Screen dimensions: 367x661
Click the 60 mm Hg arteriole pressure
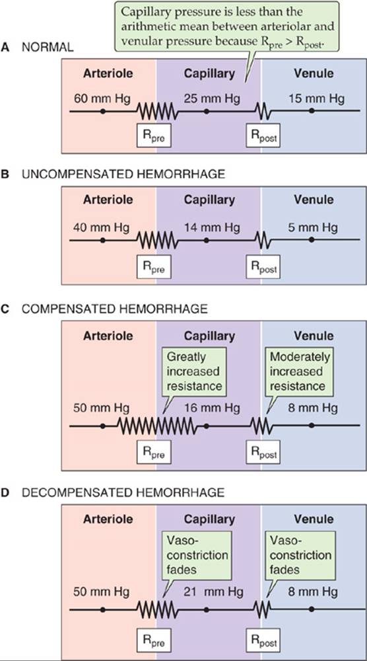(x=102, y=99)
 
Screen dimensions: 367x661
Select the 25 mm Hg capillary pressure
(x=212, y=99)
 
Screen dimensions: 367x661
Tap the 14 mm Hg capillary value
(x=212, y=228)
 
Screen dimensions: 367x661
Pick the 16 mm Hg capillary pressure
(x=212, y=408)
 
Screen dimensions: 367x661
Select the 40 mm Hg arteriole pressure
(x=102, y=228)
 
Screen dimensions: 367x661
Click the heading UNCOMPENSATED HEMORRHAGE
(x=123, y=174)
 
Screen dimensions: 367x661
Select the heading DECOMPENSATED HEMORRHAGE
(x=123, y=492)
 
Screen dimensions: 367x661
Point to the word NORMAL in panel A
(x=48, y=47)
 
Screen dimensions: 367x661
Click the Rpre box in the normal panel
(x=154, y=135)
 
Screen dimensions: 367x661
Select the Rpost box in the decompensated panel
(x=263, y=643)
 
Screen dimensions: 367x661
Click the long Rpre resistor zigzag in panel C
(x=156, y=426)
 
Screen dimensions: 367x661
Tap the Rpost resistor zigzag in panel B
(x=263, y=240)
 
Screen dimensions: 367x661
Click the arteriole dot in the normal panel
(x=102, y=111)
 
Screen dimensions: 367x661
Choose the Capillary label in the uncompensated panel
(x=209, y=200)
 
